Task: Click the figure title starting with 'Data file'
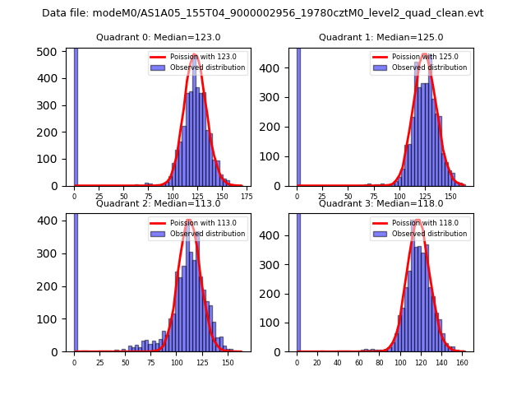(262, 13)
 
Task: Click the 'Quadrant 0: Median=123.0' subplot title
(158, 37)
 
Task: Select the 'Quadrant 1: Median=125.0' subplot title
(381, 37)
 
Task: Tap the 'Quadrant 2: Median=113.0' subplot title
(158, 203)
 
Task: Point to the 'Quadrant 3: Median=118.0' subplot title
(381, 203)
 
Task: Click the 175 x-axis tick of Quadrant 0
(246, 197)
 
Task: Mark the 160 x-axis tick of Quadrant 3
(463, 362)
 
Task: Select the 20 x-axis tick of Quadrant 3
(317, 362)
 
